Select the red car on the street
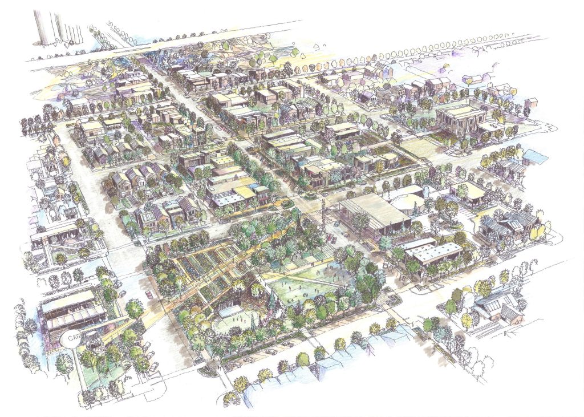click(x=150, y=294)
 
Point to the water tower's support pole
click(x=80, y=371)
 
